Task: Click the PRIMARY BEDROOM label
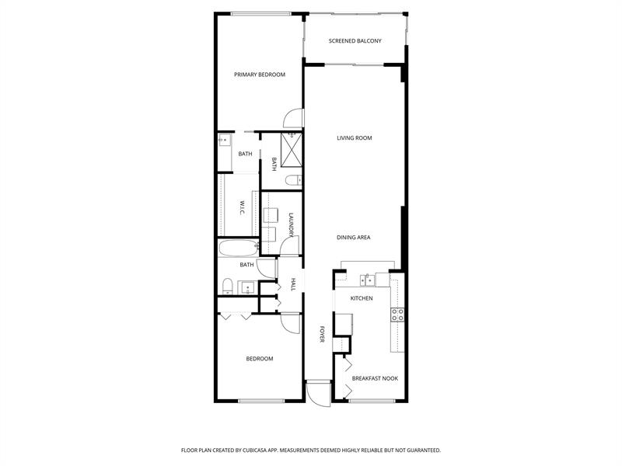click(260, 75)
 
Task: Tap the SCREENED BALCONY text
click(355, 40)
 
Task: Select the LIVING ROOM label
click(354, 138)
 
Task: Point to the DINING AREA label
click(353, 238)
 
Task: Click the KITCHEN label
click(362, 298)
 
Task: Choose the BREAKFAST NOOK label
click(375, 378)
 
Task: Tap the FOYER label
click(321, 335)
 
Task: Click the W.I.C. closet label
click(243, 207)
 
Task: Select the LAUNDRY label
click(291, 225)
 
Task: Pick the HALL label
click(293, 285)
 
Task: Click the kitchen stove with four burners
click(397, 315)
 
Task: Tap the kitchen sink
click(369, 280)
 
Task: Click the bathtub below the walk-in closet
click(236, 249)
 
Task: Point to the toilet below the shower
click(292, 181)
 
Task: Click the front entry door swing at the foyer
click(318, 394)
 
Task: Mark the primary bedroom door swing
click(292, 118)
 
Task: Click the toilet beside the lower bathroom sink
click(225, 287)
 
